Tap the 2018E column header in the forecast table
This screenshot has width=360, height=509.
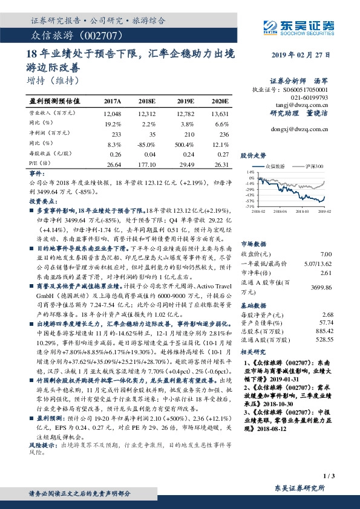pyautogui.click(x=147, y=101)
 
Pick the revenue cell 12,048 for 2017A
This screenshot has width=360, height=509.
pyautogui.click(x=113, y=113)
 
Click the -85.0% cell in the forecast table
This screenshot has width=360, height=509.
pyautogui.click(x=148, y=144)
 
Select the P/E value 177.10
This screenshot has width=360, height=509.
pyautogui.click(x=148, y=163)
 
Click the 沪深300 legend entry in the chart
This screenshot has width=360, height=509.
pyautogui.click(x=314, y=164)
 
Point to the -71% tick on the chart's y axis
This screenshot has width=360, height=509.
pyautogui.click(x=249, y=206)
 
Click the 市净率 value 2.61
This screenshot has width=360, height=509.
pyautogui.click(x=326, y=273)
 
